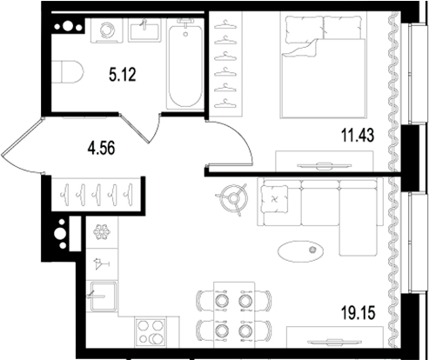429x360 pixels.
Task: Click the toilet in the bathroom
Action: click(x=67, y=72)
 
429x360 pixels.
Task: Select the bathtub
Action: click(x=184, y=67)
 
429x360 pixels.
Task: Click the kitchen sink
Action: click(x=102, y=298)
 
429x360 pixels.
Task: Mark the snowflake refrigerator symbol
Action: click(x=102, y=232)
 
